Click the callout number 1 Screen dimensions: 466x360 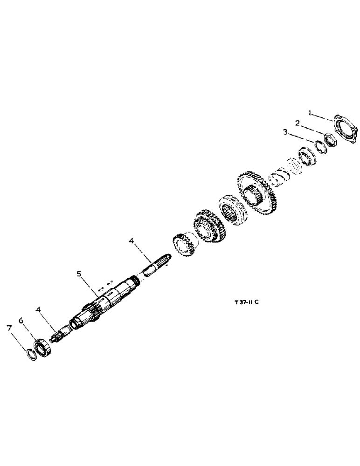(309, 112)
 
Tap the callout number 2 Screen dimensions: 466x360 (296, 123)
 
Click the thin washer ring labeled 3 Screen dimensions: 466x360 (319, 146)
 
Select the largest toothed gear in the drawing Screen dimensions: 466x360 (259, 194)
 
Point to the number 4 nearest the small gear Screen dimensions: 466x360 (132, 240)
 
